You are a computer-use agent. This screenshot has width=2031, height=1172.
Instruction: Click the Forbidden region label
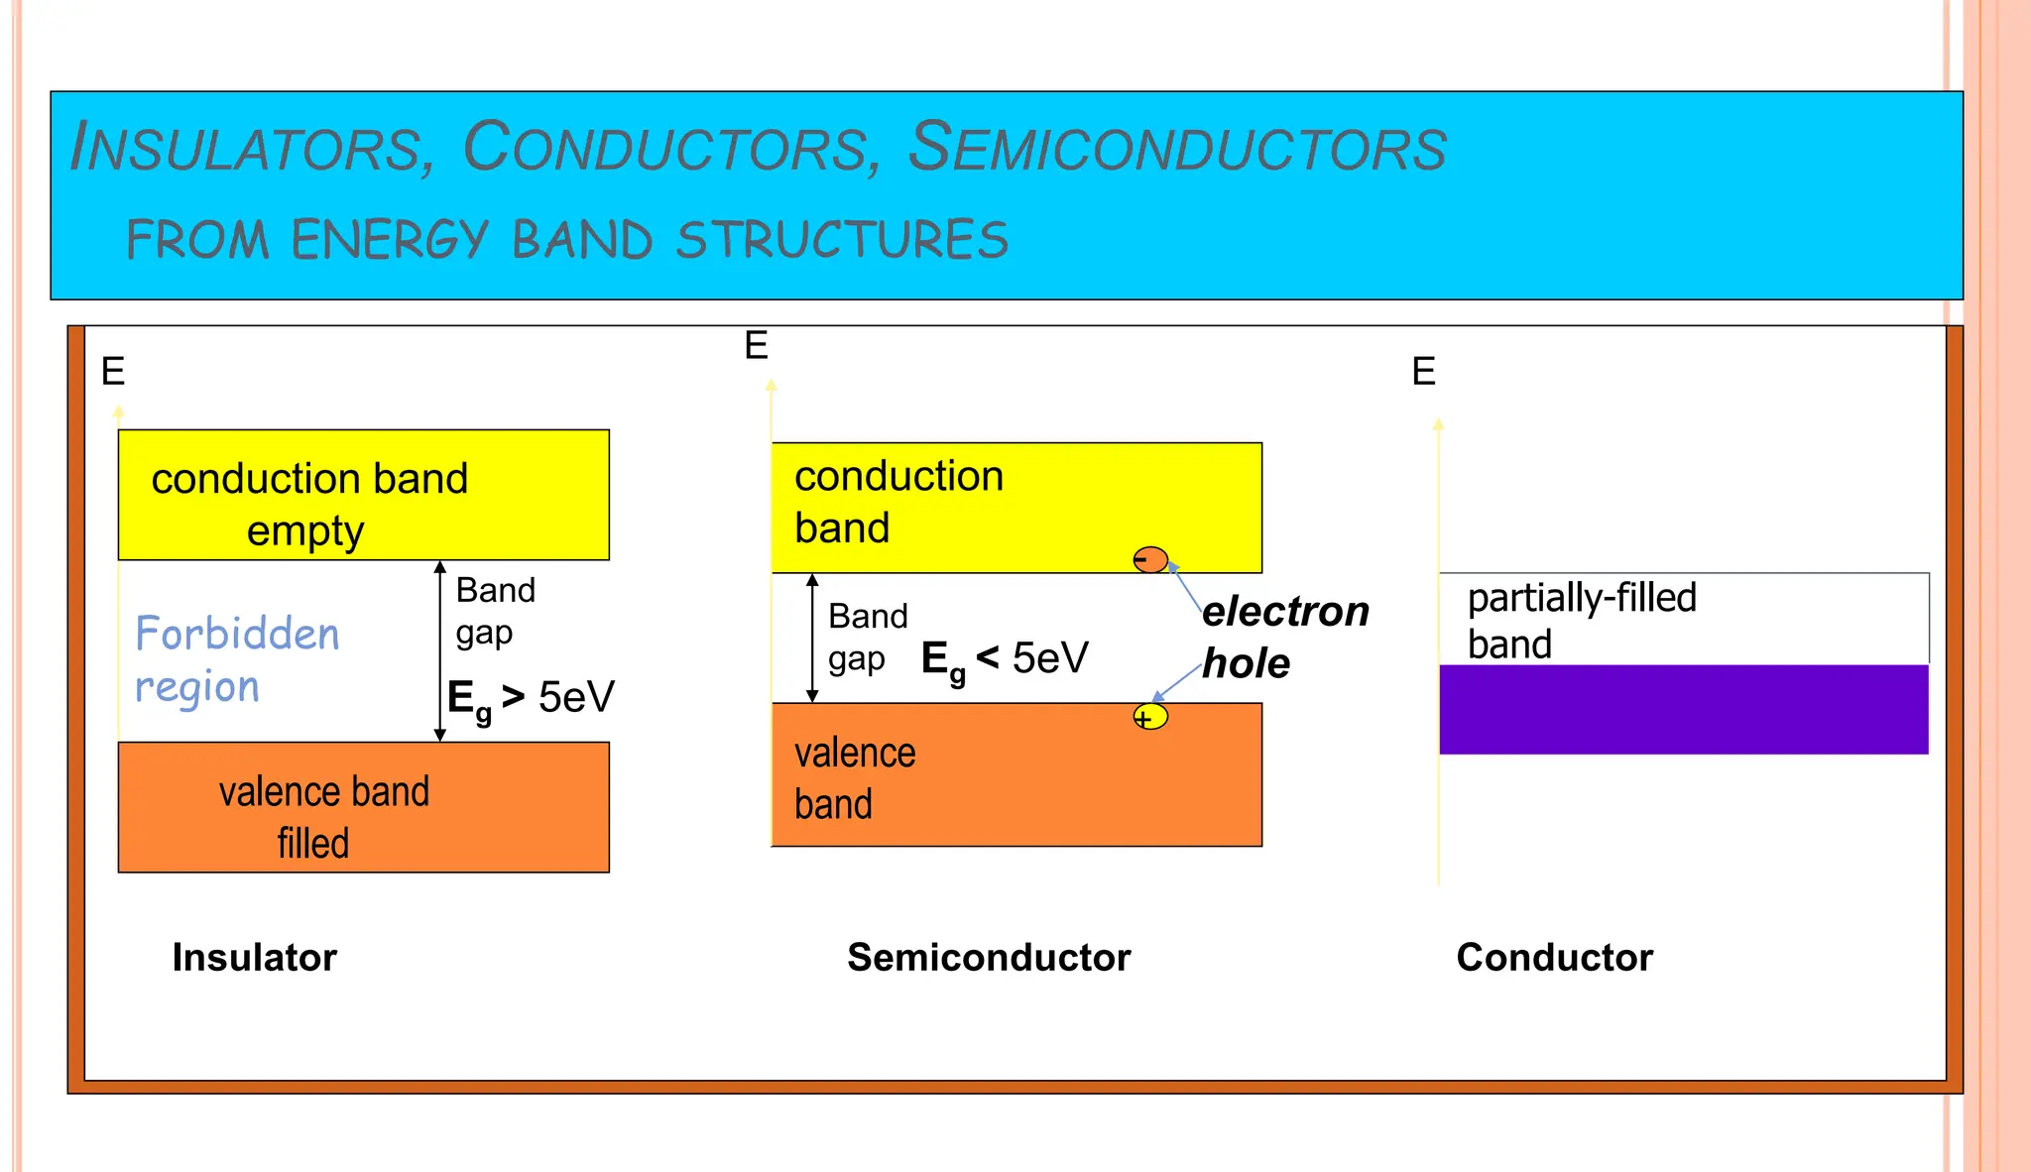pyautogui.click(x=236, y=659)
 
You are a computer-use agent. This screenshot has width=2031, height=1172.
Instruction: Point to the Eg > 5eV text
pyautogui.click(x=531, y=698)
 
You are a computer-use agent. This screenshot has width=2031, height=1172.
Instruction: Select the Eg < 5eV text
pyautogui.click(x=1004, y=659)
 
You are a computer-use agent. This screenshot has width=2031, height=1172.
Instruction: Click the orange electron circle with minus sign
pyautogui.click(x=1150, y=560)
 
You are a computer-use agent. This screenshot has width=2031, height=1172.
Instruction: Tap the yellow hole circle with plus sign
pyautogui.click(x=1150, y=717)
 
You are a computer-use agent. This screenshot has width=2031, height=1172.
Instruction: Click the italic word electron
pyautogui.click(x=1285, y=612)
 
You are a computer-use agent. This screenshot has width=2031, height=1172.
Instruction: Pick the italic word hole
pyautogui.click(x=1246, y=663)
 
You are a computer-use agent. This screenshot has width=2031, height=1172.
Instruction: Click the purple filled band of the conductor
pyautogui.click(x=1683, y=709)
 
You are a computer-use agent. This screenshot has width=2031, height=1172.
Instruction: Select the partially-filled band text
pyautogui.click(x=1581, y=621)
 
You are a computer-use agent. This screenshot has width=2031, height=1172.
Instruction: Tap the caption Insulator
pyautogui.click(x=254, y=958)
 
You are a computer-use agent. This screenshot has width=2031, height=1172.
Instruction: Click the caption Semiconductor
pyautogui.click(x=988, y=958)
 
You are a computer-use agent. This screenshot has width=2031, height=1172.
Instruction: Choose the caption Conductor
pyautogui.click(x=1554, y=958)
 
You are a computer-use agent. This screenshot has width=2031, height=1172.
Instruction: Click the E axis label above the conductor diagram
pyautogui.click(x=1423, y=373)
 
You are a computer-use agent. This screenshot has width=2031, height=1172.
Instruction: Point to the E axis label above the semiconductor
pyautogui.click(x=756, y=347)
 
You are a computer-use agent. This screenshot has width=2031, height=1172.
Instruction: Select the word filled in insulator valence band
pyautogui.click(x=313, y=844)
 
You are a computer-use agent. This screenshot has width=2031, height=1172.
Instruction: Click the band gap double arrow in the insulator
pyautogui.click(x=440, y=651)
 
